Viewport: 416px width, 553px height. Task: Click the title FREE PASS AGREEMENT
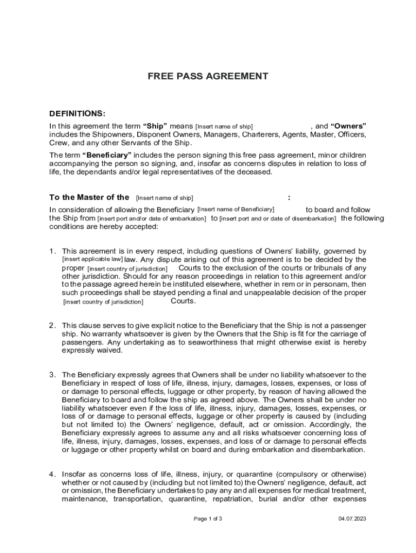click(x=208, y=77)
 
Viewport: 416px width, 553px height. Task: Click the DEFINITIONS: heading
click(x=77, y=113)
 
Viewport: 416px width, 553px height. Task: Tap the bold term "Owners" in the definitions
click(x=348, y=126)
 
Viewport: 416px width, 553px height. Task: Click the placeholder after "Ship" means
click(x=224, y=126)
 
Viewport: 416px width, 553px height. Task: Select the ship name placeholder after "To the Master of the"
click(x=165, y=198)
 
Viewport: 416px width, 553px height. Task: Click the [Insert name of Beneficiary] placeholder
click(x=236, y=210)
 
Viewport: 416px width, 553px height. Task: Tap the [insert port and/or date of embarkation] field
click(x=152, y=219)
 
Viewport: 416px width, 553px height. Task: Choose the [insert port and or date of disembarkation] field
click(x=278, y=219)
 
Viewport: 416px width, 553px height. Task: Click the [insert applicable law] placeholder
click(x=92, y=259)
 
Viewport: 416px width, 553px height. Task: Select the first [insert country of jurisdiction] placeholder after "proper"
click(x=128, y=268)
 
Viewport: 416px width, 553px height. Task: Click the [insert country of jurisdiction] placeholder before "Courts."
click(x=103, y=302)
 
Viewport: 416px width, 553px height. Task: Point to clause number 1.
click(x=52, y=251)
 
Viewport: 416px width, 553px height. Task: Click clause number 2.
click(x=52, y=326)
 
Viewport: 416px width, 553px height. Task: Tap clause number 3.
click(x=52, y=375)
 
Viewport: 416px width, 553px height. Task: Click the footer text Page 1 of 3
click(x=208, y=519)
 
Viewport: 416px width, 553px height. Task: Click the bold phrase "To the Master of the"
click(x=89, y=197)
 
